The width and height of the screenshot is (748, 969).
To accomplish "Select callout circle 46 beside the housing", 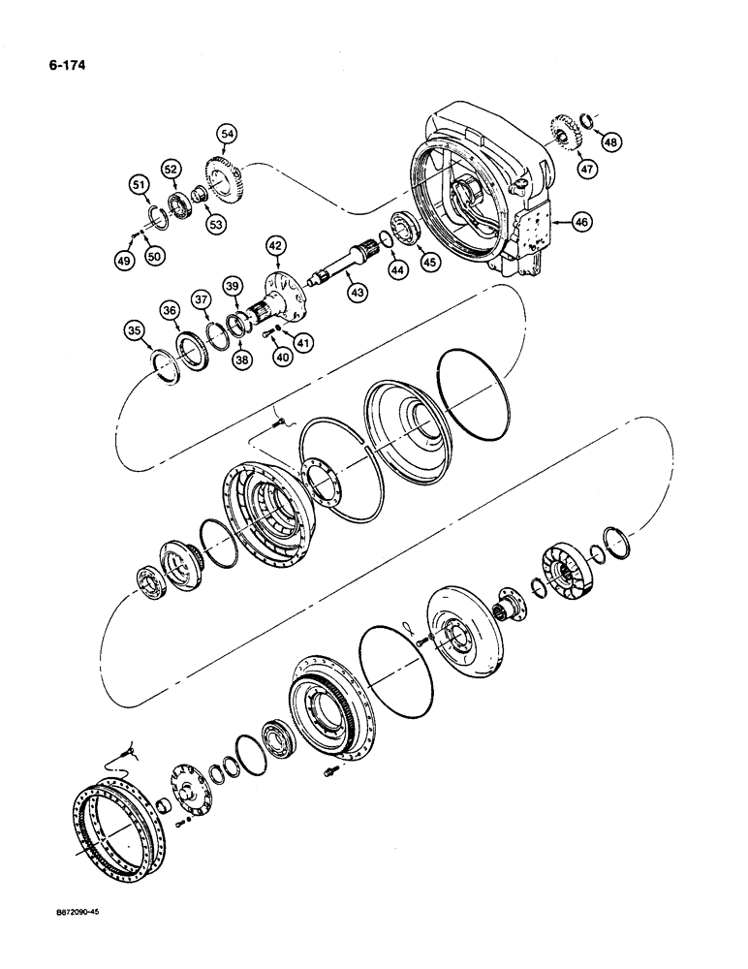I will point(580,222).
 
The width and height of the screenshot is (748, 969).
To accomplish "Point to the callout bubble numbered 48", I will point(609,143).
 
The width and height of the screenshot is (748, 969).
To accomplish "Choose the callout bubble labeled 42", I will point(274,246).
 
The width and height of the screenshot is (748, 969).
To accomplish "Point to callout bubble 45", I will point(426,262).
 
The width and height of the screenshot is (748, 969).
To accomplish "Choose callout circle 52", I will point(171,170).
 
